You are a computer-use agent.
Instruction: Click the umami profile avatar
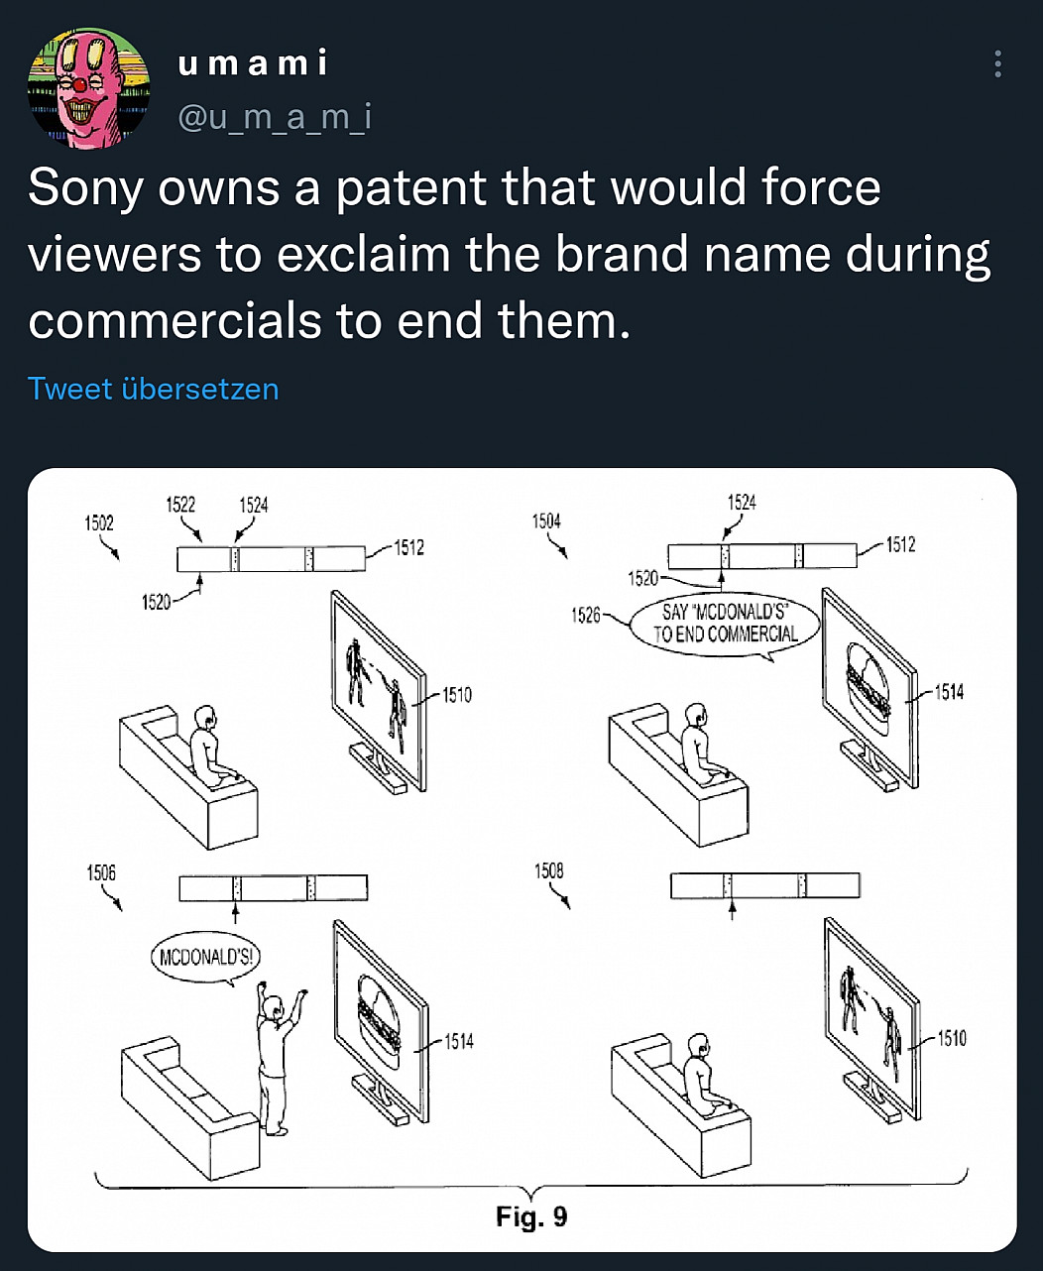(89, 88)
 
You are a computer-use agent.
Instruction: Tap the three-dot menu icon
(998, 63)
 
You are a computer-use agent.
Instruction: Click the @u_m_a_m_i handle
(275, 117)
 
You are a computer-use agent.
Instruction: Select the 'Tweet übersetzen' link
(153, 389)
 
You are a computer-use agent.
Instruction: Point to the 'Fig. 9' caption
(531, 1215)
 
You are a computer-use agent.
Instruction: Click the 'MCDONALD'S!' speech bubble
(205, 958)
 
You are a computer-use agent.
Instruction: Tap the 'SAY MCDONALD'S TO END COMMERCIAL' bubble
(726, 625)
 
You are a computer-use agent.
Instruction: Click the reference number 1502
(99, 522)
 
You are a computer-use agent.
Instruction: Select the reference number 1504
(546, 520)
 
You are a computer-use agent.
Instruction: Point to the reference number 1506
(101, 872)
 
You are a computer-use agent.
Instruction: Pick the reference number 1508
(549, 870)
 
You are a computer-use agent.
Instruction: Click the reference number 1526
(586, 615)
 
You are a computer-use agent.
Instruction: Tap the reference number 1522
(180, 505)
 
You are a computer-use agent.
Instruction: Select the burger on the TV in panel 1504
(869, 690)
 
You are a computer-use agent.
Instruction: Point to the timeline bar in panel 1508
(765, 885)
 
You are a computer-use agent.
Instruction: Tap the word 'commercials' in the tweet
(174, 320)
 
